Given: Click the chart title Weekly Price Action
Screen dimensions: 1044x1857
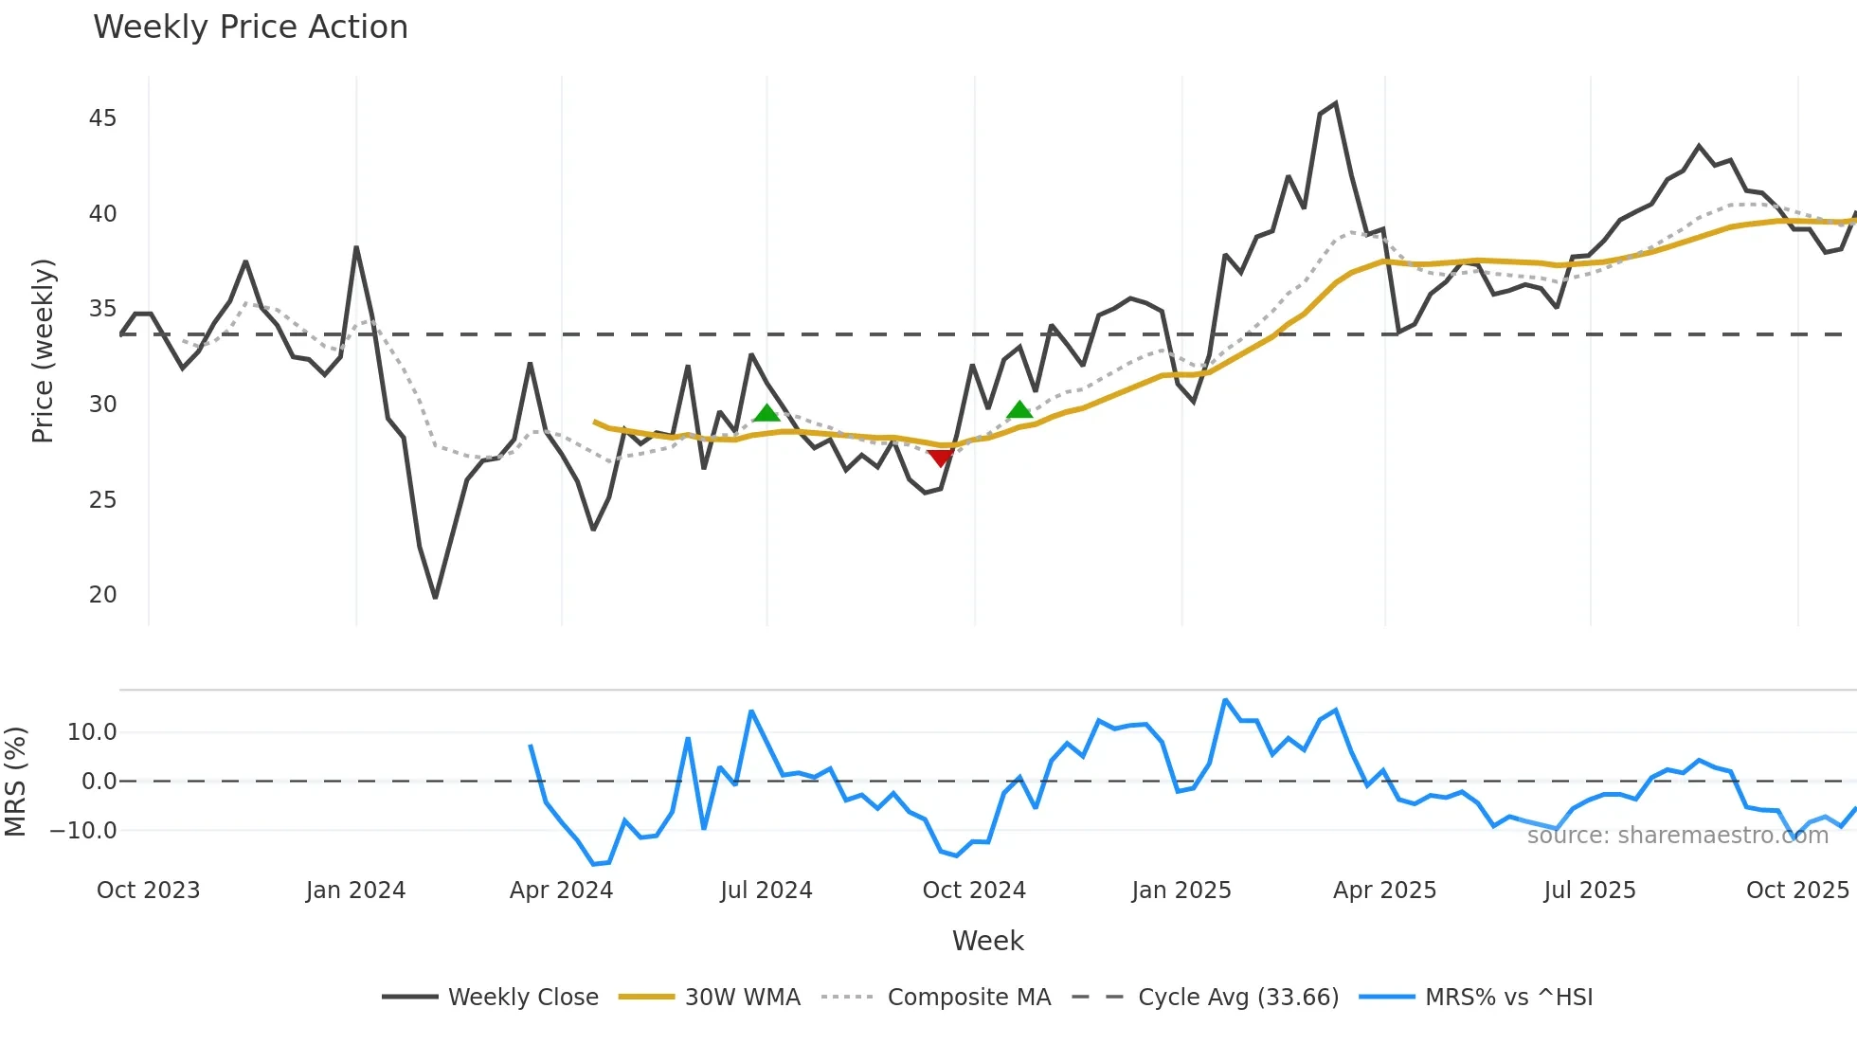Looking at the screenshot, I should point(250,27).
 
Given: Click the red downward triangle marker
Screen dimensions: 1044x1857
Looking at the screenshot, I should point(940,459).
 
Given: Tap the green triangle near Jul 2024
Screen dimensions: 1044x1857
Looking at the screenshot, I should point(766,413).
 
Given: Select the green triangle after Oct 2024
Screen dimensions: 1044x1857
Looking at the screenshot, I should point(1019,410).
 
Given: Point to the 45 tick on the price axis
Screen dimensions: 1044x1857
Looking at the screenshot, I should point(102,118).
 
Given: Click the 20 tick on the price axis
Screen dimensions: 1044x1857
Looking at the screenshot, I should point(102,595).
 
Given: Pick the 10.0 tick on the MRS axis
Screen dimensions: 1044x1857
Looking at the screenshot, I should point(92,732).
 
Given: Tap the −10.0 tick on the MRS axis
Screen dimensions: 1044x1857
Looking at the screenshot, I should point(83,831).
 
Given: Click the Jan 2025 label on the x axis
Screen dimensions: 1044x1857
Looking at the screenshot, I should point(1181,891).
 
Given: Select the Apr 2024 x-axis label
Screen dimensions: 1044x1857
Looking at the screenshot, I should point(561,891).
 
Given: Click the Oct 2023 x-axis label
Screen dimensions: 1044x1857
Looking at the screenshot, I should point(148,891).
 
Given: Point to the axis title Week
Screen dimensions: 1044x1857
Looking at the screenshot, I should point(987,941).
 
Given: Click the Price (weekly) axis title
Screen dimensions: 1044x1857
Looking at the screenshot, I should point(43,351).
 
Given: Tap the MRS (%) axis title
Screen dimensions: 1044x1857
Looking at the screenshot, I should point(15,782).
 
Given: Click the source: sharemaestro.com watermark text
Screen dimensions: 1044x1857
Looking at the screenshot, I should point(1677,836).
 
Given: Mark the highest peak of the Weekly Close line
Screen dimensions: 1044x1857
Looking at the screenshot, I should point(1336,103).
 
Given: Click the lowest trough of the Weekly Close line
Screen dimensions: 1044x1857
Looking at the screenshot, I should point(435,598).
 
